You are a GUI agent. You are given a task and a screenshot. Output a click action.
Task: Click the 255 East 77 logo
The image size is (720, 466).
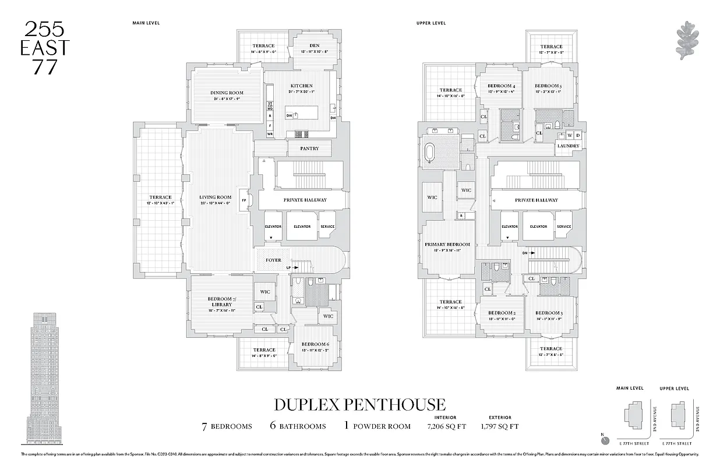point(45,47)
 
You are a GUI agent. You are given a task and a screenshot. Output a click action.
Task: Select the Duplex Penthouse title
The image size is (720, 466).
point(359,404)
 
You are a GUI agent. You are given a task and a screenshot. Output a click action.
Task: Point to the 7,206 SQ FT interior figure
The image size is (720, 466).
point(446,426)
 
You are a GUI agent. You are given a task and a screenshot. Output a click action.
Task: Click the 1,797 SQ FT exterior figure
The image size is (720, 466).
point(499,426)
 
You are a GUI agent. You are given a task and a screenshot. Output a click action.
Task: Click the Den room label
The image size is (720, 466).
point(314,46)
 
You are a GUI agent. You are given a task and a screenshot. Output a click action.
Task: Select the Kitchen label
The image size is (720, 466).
point(301,86)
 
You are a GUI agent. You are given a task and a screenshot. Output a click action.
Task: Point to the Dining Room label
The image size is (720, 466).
point(227,93)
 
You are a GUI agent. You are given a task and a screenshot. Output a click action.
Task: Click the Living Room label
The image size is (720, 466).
point(215,197)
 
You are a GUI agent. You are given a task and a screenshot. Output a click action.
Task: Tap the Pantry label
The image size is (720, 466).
point(309,149)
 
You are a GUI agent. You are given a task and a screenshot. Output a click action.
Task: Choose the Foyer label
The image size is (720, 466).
point(273,260)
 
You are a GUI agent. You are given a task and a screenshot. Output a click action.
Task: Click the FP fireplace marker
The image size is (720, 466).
point(243,199)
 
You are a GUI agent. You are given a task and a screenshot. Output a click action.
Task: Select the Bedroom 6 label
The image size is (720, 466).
point(315,344)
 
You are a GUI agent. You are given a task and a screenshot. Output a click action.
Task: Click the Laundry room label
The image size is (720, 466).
point(567,146)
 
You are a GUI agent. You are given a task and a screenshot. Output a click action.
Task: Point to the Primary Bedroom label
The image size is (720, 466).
point(447,245)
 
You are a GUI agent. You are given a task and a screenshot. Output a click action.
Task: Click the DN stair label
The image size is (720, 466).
point(524,253)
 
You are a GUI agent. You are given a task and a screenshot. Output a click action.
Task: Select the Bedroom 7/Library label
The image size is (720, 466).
point(221,300)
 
